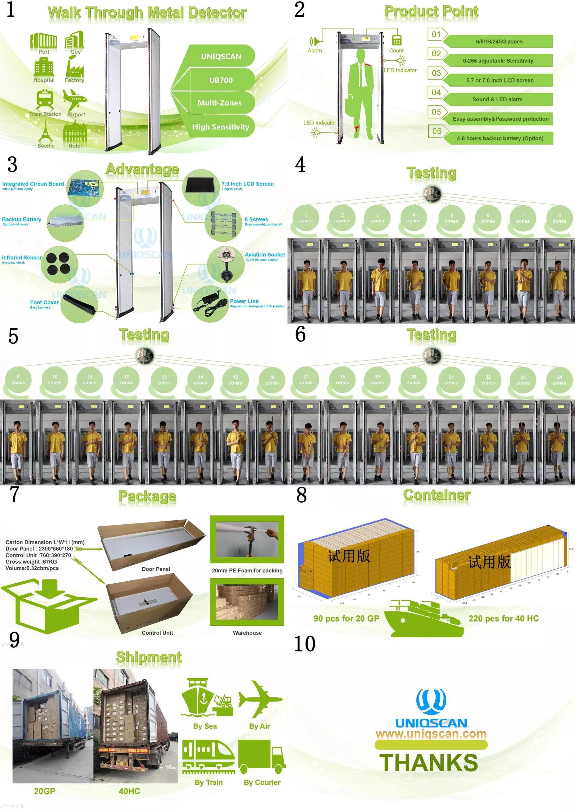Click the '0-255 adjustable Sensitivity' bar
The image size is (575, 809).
click(x=498, y=61)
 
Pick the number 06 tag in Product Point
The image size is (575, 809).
click(x=436, y=131)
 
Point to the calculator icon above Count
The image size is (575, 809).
click(x=396, y=40)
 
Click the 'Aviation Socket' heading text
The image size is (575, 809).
click(x=264, y=254)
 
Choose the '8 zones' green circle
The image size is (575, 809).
click(x=559, y=218)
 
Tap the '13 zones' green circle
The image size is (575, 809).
click(x=164, y=380)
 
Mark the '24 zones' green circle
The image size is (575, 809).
click(x=559, y=380)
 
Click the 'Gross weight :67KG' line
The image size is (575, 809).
click(x=31, y=561)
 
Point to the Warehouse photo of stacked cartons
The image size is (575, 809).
click(x=247, y=602)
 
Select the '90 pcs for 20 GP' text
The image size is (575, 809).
click(x=346, y=618)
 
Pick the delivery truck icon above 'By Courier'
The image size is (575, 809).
click(x=262, y=756)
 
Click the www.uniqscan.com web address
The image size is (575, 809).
click(x=431, y=734)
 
